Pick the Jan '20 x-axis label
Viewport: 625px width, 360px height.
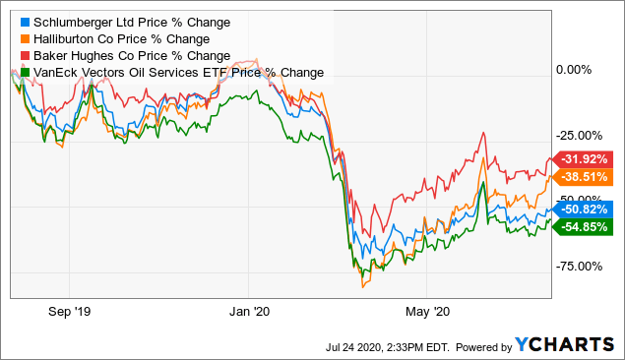click(249, 312)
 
